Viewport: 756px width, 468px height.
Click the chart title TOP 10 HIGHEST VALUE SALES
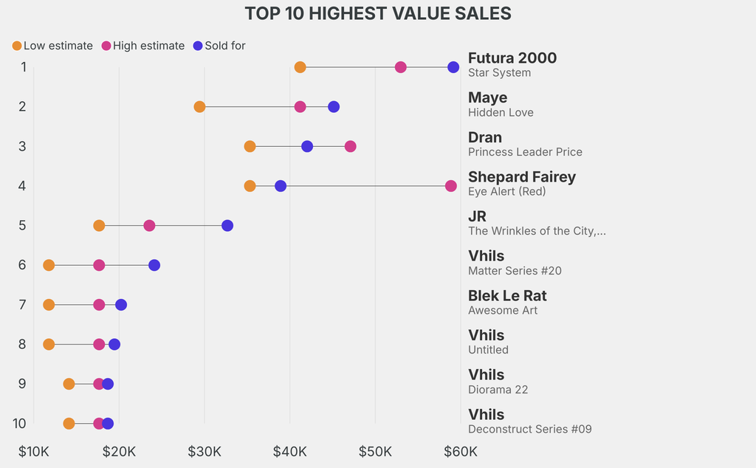(378, 13)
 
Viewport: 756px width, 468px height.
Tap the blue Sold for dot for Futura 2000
(453, 67)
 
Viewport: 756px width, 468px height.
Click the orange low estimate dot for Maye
(199, 107)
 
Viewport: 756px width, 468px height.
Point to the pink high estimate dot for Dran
(350, 146)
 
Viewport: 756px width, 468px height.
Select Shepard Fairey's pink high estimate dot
(450, 186)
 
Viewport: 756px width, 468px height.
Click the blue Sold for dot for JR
(227, 225)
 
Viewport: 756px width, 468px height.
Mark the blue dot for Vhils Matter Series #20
(154, 265)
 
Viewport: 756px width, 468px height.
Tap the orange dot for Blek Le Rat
(49, 305)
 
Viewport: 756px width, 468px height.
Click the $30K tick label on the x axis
(205, 451)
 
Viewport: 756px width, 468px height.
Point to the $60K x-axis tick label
(461, 451)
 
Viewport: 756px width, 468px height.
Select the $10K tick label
(34, 451)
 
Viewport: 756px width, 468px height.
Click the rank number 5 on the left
(23, 225)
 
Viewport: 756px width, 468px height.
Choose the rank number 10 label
(20, 423)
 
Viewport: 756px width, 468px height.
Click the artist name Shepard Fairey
(521, 177)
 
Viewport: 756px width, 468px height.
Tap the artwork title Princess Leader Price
(525, 152)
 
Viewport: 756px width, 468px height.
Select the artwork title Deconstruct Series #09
(529, 429)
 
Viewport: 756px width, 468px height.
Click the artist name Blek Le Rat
(507, 296)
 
